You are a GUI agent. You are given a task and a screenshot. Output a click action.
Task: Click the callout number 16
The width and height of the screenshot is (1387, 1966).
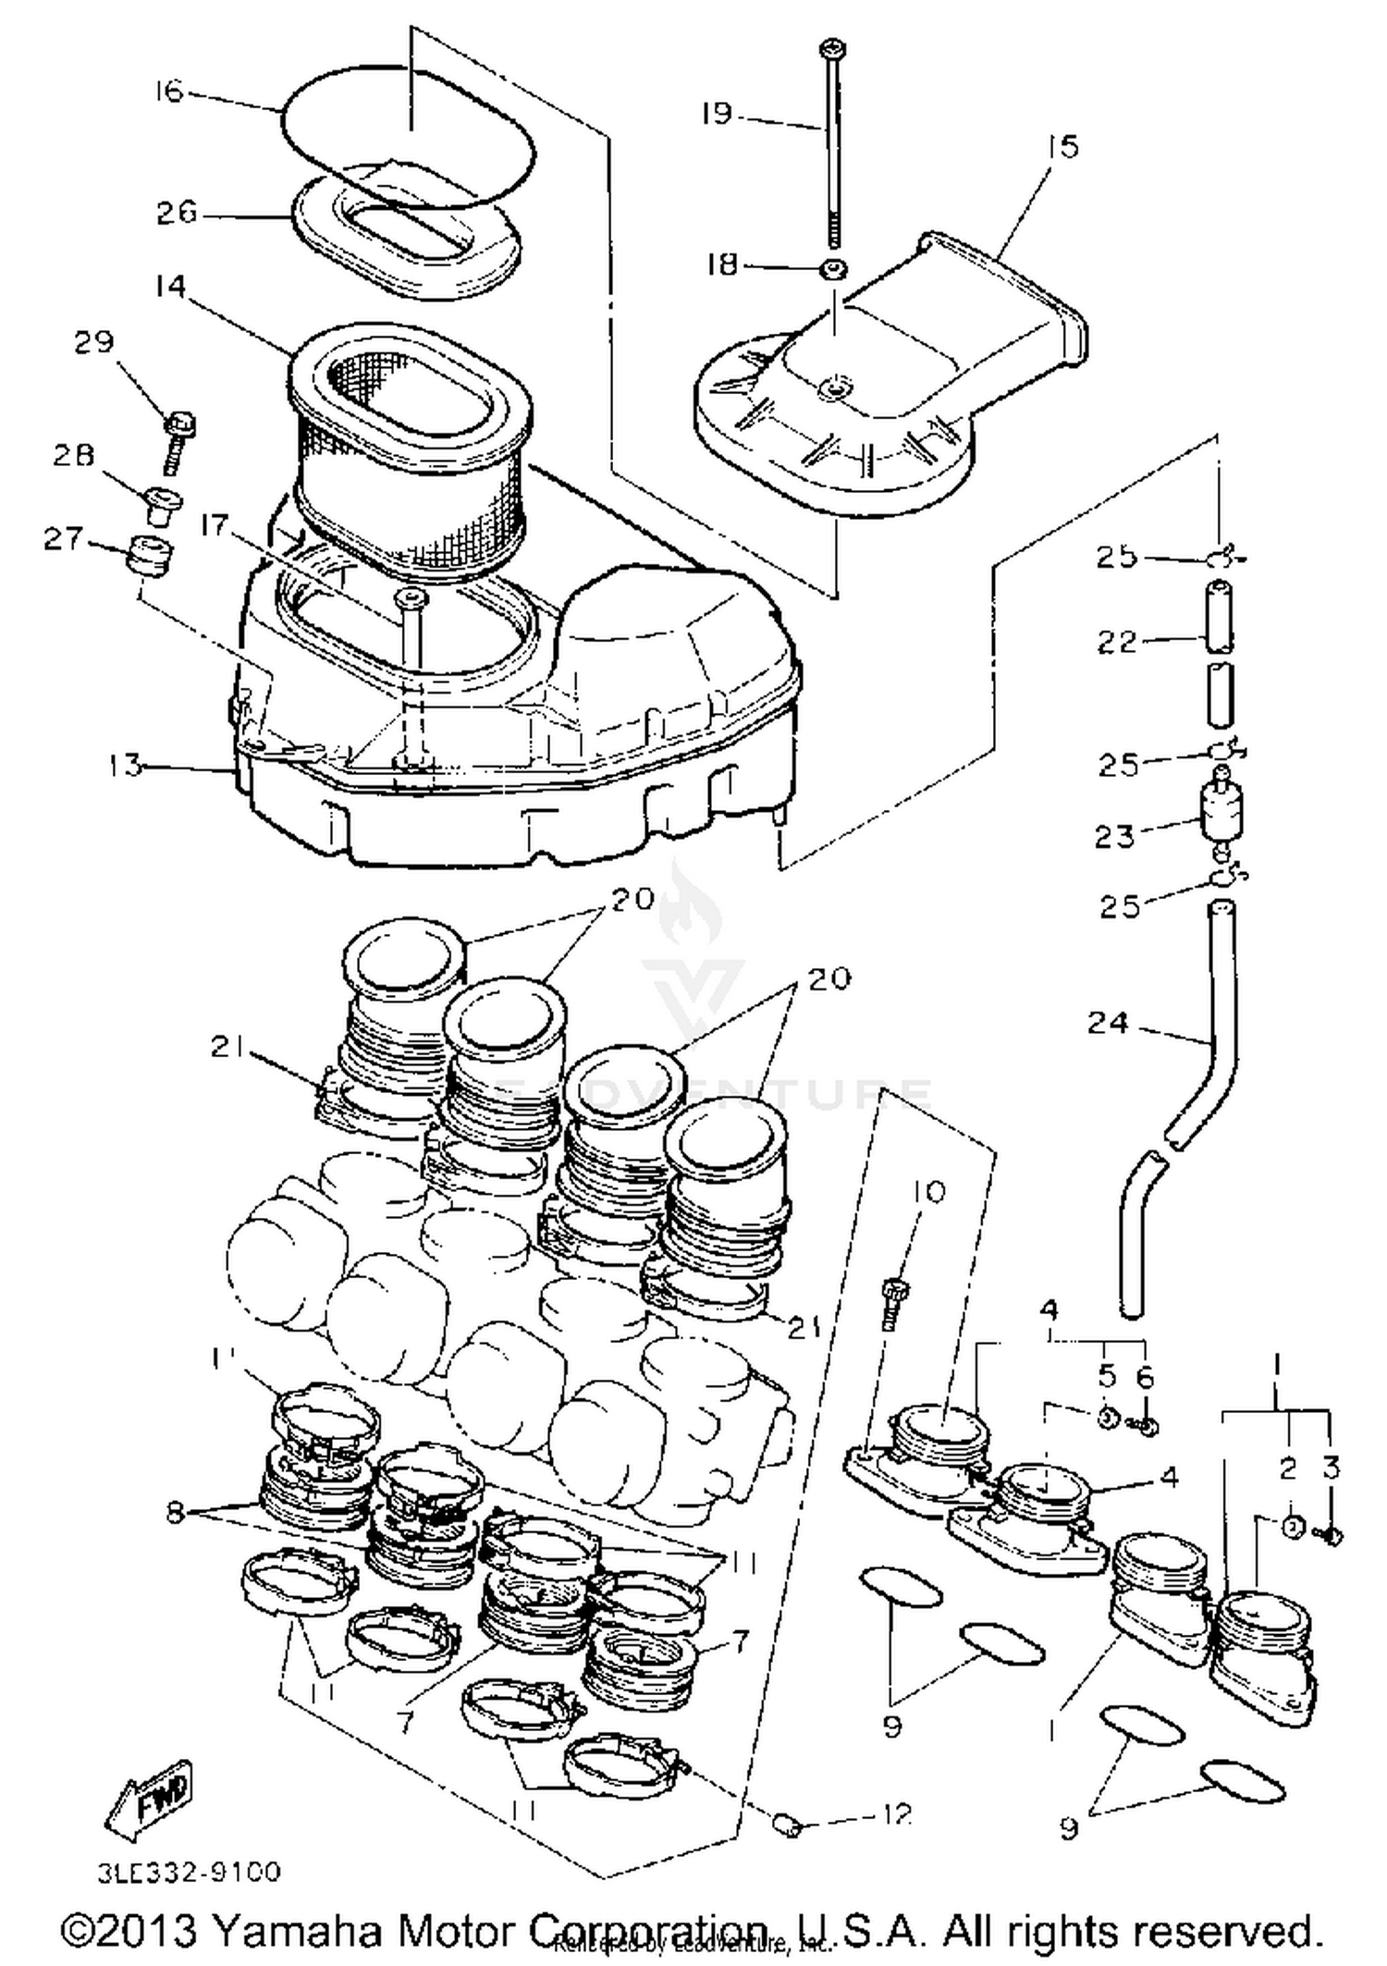coord(170,92)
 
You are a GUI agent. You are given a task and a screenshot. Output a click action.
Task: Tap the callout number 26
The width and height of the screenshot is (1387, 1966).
coord(176,214)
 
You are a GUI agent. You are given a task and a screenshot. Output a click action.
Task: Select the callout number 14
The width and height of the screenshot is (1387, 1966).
coord(170,286)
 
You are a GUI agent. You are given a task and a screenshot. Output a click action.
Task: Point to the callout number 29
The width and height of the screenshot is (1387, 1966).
coord(94,342)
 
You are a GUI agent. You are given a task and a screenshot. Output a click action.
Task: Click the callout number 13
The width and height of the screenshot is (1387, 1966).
coord(124,766)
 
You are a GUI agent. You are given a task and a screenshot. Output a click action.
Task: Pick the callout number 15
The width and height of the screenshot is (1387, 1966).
coord(1063,146)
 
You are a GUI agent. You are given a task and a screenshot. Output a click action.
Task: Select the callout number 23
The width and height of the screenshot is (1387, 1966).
coord(1114,837)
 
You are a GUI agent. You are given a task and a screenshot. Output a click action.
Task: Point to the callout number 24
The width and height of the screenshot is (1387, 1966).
coord(1108,1023)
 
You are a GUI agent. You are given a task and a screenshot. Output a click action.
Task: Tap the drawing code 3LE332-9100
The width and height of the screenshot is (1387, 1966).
coord(190,1872)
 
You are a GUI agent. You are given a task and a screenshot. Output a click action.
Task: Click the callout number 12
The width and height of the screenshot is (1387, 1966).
coord(892,1813)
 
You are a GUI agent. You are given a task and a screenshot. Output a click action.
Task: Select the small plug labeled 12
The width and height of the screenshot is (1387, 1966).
coord(787,1825)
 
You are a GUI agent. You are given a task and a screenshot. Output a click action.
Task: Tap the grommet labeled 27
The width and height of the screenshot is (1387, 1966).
coord(149,554)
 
